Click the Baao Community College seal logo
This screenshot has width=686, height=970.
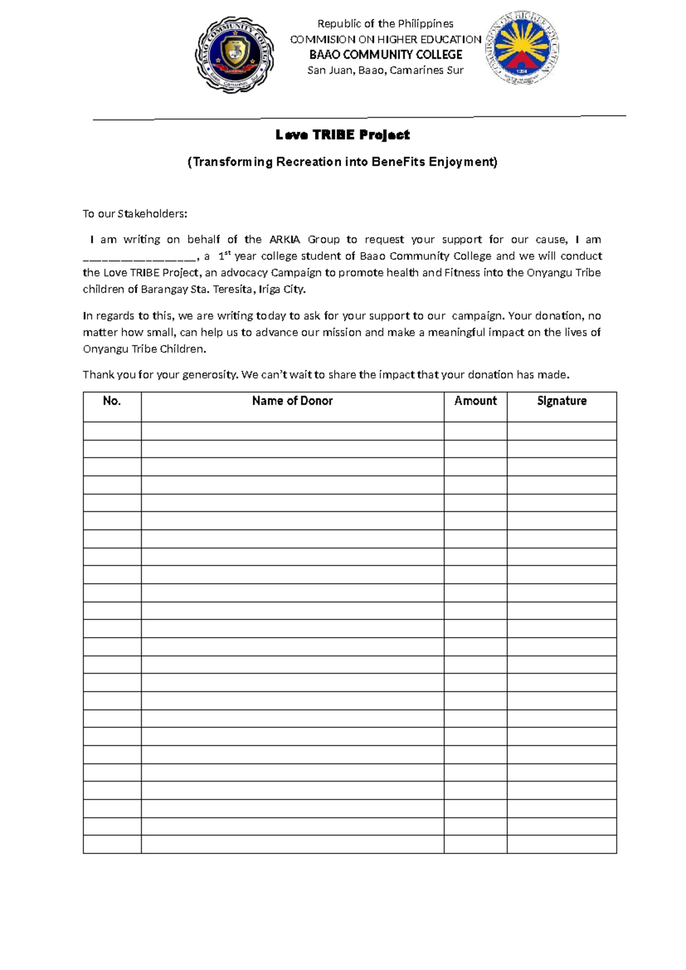[235, 54]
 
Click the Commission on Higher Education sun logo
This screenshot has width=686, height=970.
[522, 47]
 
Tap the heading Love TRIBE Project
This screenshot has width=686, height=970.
[342, 135]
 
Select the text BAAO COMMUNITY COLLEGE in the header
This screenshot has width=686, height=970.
[385, 55]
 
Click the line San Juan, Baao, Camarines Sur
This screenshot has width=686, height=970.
[385, 70]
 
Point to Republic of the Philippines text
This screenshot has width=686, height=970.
[385, 23]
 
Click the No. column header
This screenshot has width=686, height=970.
[112, 401]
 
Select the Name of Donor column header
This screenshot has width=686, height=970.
[292, 401]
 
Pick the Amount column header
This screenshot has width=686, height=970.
[475, 401]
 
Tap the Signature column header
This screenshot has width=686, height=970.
[561, 401]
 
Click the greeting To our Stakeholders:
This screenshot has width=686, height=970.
[135, 214]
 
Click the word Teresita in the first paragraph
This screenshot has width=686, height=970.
[231, 289]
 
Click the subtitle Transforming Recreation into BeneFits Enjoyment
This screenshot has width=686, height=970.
[342, 162]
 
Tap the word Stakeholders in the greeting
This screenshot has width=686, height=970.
[152, 214]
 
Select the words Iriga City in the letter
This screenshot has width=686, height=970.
[282, 289]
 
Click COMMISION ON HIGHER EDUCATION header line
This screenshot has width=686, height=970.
[385, 39]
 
